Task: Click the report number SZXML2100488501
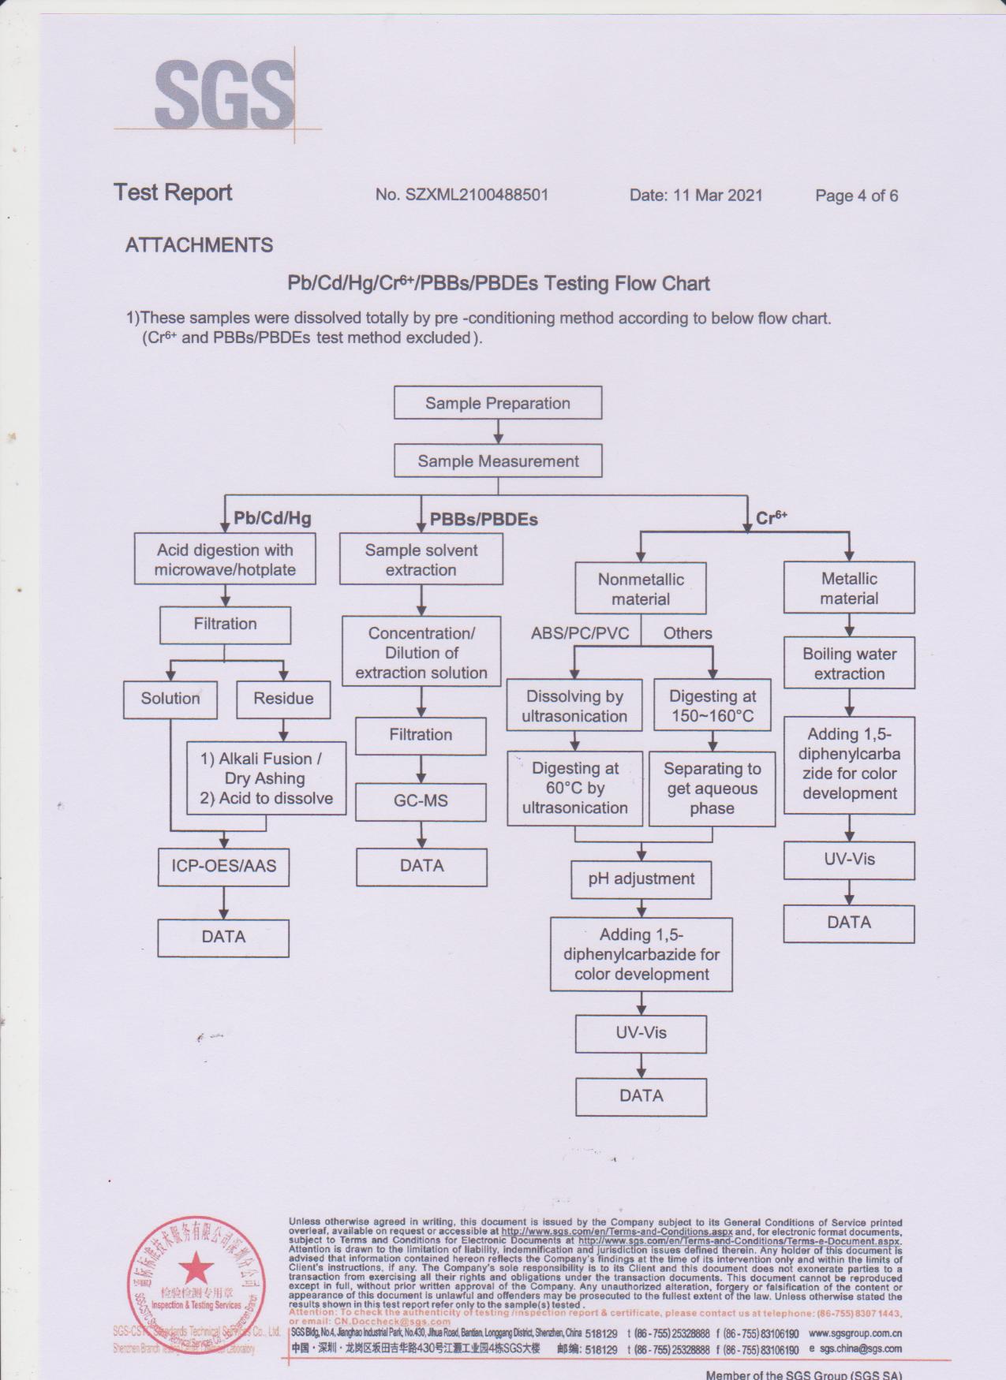point(462,195)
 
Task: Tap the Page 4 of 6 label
point(856,196)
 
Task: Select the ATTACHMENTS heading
point(199,245)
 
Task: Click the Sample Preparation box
point(498,403)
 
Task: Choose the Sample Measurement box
point(498,461)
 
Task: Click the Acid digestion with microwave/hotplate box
point(225,560)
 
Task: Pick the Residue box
point(283,699)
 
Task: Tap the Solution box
point(170,699)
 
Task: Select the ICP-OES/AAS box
point(224,866)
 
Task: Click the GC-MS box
point(421,801)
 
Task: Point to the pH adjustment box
point(641,879)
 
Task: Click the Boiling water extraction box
point(849,663)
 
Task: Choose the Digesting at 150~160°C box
point(712,706)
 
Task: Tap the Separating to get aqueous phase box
point(712,789)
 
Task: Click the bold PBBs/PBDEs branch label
point(484,520)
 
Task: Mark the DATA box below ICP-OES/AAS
point(223,937)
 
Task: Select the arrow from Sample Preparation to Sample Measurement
point(498,432)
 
